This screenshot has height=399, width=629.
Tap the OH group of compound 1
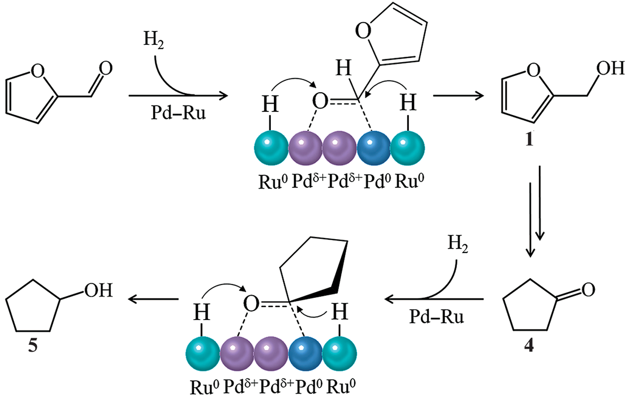610,68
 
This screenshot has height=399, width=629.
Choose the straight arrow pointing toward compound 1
457,96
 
